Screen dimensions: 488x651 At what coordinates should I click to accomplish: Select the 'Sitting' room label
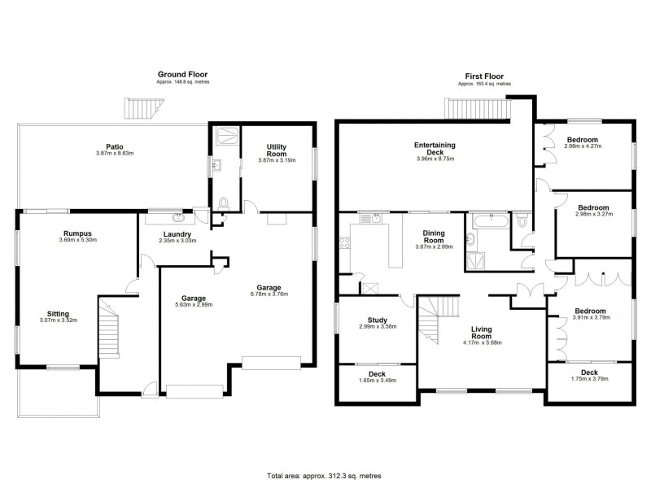click(x=57, y=313)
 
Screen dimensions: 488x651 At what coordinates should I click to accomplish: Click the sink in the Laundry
click(x=178, y=217)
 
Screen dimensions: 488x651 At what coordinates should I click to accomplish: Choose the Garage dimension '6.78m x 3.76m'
click(x=269, y=294)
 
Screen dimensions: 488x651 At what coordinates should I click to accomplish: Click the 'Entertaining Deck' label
click(x=434, y=149)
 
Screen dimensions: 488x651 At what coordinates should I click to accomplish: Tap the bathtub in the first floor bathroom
click(x=489, y=220)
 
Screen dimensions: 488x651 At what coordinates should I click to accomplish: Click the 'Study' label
click(x=377, y=320)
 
